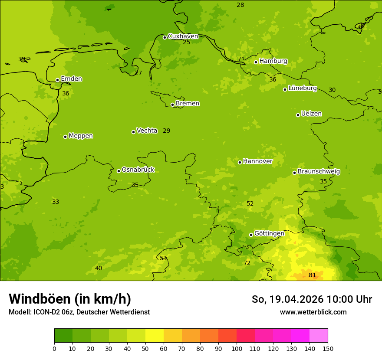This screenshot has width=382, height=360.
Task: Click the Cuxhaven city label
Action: (183, 36)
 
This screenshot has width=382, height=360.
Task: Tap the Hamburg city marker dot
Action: (256, 62)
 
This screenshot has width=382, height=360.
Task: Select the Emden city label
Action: (71, 79)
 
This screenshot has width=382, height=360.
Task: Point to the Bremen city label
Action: (188, 104)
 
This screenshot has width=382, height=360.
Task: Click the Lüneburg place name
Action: (303, 88)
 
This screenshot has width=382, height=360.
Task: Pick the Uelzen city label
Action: (311, 114)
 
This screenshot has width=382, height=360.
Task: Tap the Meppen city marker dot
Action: (66, 137)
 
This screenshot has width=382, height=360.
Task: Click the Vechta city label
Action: (147, 131)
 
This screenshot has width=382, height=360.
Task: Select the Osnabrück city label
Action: (138, 170)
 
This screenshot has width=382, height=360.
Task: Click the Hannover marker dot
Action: (240, 162)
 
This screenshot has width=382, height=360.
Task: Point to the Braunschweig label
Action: (319, 172)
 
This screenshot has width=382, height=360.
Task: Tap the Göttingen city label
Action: (269, 234)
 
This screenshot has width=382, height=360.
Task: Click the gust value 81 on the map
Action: (313, 275)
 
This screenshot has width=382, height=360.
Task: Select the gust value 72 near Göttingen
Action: (247, 263)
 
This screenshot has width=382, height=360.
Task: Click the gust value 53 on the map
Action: (163, 259)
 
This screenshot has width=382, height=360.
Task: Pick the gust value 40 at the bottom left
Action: (99, 268)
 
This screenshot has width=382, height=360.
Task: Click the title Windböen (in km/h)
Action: (70, 299)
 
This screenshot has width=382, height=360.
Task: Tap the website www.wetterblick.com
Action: (313, 312)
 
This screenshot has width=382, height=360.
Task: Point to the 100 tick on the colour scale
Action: (237, 348)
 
